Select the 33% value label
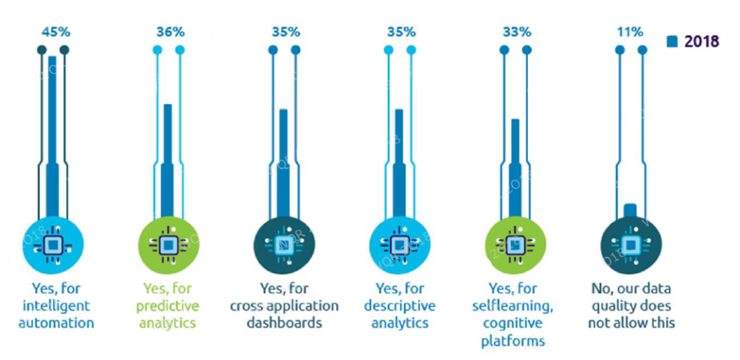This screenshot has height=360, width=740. [x=515, y=32]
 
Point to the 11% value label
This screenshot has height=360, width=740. [x=630, y=32]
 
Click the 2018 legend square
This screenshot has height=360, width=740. [x=672, y=42]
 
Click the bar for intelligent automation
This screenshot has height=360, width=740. [x=52, y=139]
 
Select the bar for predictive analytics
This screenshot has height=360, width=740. [x=168, y=162]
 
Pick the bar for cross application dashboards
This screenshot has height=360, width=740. [x=284, y=166]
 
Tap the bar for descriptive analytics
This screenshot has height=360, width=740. [x=399, y=166]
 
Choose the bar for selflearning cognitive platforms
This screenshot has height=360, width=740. [x=515, y=170]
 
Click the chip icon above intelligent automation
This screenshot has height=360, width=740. [x=52, y=245]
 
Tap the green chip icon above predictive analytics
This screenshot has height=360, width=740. [x=168, y=245]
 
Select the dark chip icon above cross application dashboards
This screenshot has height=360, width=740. [x=284, y=245]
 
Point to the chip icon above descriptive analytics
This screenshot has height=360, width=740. [x=399, y=245]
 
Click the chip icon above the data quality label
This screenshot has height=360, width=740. [x=630, y=245]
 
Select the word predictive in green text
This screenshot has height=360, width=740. [x=169, y=306]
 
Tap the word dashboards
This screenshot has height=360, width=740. [x=284, y=323]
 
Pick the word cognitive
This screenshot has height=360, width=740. [x=515, y=323]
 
